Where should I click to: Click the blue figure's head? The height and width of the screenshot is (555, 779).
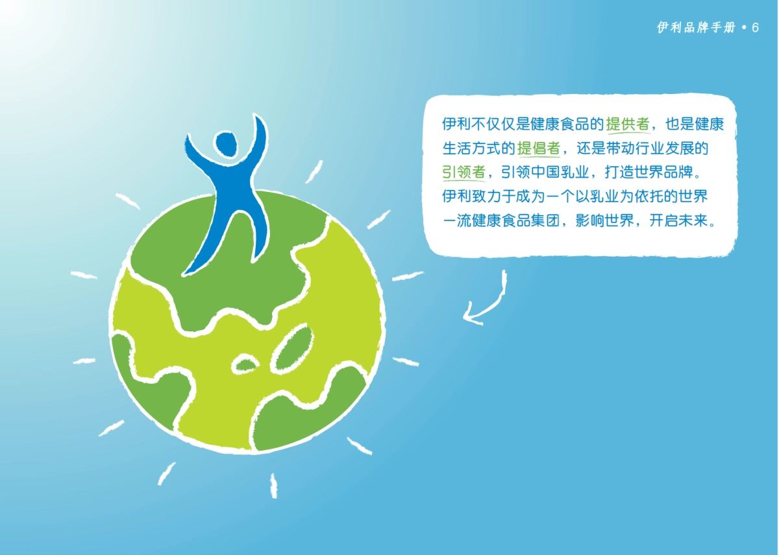tap(226, 144)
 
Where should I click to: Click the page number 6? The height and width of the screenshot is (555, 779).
tap(755, 28)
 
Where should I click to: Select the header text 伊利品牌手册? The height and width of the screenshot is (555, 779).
tap(696, 27)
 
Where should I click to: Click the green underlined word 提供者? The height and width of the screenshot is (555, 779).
tap(628, 124)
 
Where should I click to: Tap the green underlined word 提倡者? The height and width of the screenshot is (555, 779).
tap(538, 148)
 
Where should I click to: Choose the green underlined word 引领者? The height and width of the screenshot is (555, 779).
tap(464, 172)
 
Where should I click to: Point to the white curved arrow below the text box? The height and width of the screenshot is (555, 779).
tap(495, 305)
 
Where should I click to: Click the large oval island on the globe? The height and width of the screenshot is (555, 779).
tap(291, 349)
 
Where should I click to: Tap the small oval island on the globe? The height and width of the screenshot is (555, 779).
tap(245, 364)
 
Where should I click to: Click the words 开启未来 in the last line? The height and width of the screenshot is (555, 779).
tap(678, 220)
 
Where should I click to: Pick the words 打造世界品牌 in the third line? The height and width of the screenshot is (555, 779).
tap(649, 172)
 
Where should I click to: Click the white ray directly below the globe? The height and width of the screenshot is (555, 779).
tap(274, 486)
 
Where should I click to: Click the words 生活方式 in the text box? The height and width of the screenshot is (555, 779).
tap(471, 148)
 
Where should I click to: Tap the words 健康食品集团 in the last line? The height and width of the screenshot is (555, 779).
tap(515, 220)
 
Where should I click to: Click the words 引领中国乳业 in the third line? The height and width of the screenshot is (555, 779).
tap(545, 172)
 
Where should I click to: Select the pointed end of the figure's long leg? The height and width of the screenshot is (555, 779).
tap(184, 275)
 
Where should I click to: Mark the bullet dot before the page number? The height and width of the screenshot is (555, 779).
tap(744, 27)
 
